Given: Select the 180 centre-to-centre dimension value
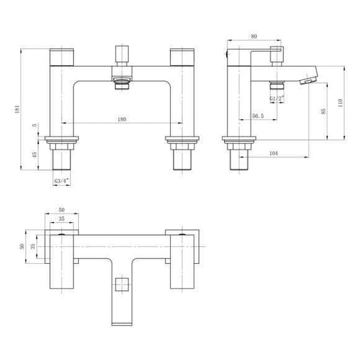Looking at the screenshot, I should coord(122,118).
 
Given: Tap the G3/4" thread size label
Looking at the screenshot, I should coord(61,180).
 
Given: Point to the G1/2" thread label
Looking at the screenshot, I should coord(277,98).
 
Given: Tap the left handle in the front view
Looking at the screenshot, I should coord(62,57).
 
